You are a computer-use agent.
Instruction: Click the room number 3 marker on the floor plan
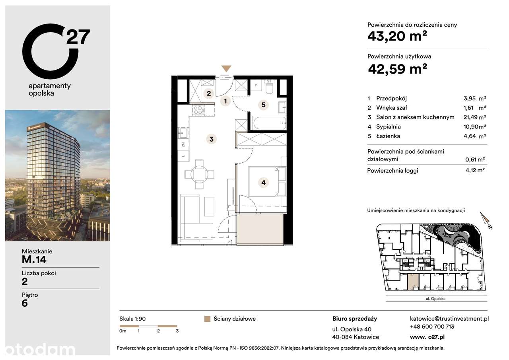(x=212, y=139)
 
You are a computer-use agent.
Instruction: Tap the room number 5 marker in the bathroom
(x=263, y=105)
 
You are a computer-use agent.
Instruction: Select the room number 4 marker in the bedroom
(x=263, y=183)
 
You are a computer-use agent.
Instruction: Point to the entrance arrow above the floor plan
(x=226, y=68)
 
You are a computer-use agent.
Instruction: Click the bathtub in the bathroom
(x=269, y=123)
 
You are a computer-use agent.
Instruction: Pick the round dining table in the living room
(x=199, y=174)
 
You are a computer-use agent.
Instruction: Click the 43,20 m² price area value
(x=397, y=37)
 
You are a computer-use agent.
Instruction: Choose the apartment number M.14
(x=34, y=260)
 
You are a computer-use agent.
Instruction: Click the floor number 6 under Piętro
(x=25, y=303)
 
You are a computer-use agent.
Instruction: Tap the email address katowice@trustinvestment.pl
(x=449, y=318)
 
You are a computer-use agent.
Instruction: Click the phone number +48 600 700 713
(x=432, y=327)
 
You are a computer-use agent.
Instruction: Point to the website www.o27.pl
(x=427, y=337)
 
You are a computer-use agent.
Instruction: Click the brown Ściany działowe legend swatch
(x=207, y=319)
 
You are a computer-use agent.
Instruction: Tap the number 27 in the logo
(x=78, y=37)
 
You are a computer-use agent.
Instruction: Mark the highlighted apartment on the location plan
(x=413, y=282)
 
